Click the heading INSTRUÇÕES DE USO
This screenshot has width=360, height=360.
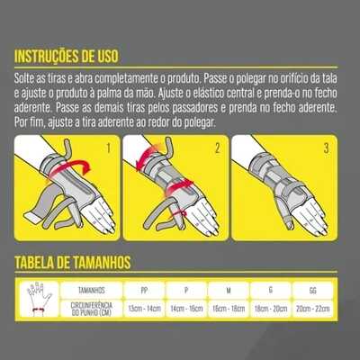point(67,57)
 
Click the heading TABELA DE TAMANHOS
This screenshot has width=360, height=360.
point(73,263)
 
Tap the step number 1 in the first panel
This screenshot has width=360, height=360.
point(109,148)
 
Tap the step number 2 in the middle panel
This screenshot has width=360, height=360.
point(218,148)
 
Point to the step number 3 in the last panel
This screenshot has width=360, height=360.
point(327,148)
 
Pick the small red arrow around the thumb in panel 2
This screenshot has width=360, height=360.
point(179,214)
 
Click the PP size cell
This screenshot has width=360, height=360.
point(144,290)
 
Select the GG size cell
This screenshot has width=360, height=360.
point(312,290)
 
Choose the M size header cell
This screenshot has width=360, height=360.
point(229,290)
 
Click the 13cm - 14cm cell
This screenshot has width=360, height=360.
point(144,308)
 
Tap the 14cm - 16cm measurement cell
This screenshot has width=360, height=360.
point(186,308)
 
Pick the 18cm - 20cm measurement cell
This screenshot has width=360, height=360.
point(271,308)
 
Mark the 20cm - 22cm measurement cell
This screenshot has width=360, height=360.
point(312,308)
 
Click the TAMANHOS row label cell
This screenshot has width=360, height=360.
point(92,290)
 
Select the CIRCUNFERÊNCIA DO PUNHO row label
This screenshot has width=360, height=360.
point(92,309)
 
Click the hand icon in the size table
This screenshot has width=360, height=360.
point(39,299)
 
